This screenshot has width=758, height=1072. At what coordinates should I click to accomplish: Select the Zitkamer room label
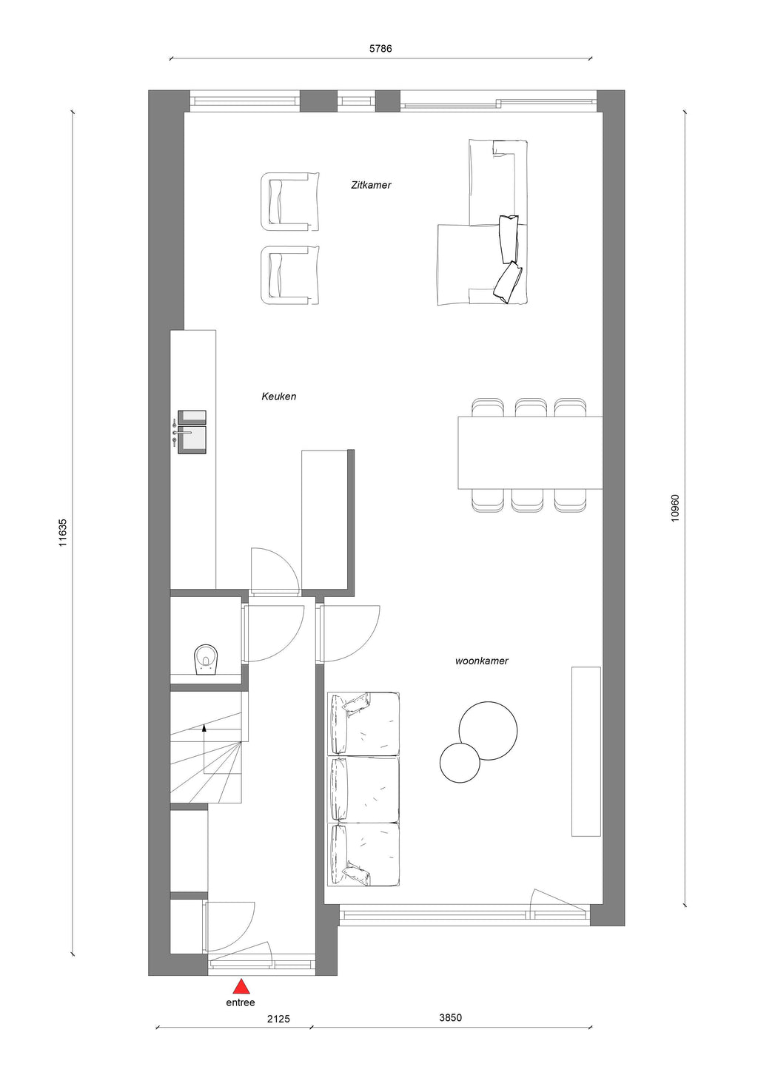(x=371, y=185)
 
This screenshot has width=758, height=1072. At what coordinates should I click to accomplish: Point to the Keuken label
(x=278, y=397)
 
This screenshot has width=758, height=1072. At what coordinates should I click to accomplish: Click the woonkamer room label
(x=481, y=661)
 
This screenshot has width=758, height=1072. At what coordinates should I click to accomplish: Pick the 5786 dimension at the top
(x=380, y=48)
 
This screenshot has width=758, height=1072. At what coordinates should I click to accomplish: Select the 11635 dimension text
(x=63, y=533)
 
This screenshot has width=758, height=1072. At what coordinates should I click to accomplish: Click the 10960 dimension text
(x=675, y=508)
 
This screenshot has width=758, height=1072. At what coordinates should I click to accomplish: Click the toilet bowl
(x=207, y=659)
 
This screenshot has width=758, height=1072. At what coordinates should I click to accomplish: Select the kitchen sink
(x=192, y=431)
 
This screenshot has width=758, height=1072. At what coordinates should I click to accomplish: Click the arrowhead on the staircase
(x=204, y=728)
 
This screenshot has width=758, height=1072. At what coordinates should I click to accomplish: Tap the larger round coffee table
(x=488, y=731)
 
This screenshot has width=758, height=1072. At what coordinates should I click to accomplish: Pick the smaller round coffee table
(x=460, y=762)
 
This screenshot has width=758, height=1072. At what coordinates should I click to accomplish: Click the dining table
(x=530, y=453)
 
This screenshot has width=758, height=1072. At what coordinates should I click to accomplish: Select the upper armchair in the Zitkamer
(x=289, y=202)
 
